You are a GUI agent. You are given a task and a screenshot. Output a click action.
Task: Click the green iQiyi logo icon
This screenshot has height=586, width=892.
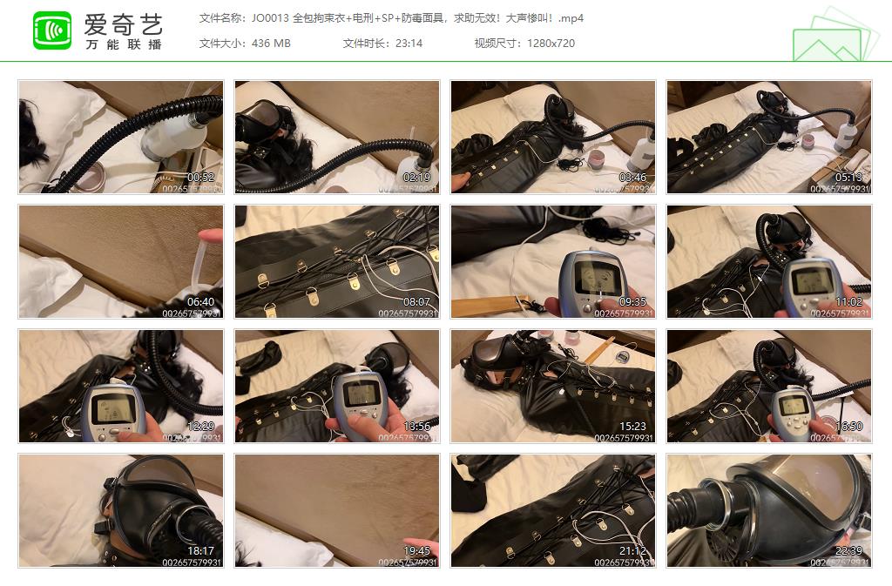52,30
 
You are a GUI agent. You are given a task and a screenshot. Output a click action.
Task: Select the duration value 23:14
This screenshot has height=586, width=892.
408,43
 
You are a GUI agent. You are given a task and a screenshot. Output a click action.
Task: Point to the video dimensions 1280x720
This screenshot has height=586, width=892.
551,43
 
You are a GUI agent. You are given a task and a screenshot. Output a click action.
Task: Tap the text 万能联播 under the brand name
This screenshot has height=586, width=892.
123,44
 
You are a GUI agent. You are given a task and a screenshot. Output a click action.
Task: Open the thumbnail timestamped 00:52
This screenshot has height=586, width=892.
121,137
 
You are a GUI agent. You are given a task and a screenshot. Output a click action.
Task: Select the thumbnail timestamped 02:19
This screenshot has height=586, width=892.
337,137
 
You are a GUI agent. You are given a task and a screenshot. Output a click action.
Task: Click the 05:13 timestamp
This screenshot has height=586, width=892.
848,177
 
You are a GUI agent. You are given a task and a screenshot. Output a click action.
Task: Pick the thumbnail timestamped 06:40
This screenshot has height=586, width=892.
121,261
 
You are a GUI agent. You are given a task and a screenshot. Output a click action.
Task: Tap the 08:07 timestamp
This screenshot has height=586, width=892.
416,301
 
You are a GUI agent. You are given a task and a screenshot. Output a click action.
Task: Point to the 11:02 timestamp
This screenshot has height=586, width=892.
848,301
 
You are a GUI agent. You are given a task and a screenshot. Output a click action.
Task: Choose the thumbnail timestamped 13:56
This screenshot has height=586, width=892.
337,386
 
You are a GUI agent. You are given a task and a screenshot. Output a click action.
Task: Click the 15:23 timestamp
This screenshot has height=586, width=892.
632,426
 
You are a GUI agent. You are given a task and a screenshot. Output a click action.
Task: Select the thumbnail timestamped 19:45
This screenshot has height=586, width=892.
337,510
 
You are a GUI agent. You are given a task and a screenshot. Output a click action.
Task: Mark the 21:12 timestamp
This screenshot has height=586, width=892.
632,550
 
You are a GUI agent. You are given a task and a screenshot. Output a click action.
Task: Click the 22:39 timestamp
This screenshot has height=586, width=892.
848,550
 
